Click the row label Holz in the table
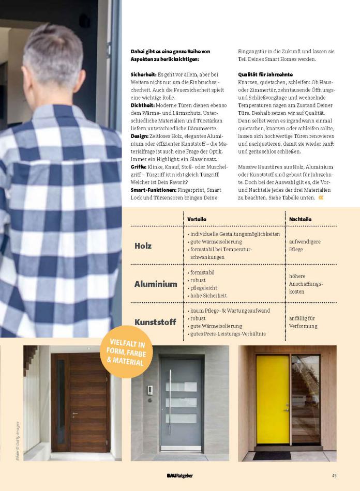pyautogui.click(x=143, y=246)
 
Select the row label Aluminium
pyautogui.click(x=156, y=284)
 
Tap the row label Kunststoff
pyautogui.click(x=156, y=322)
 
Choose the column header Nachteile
pyautogui.click(x=301, y=219)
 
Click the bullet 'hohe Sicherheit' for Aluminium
pyautogui.click(x=208, y=296)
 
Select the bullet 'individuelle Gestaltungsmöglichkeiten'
pyautogui.click(x=235, y=234)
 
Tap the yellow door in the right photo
pyautogui.click(x=273, y=398)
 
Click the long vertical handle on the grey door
pyautogui.click(x=170, y=402)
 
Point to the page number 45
pyautogui.click(x=335, y=475)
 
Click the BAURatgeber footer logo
pyautogui.click(x=179, y=475)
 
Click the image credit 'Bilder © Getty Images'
pyautogui.click(x=17, y=434)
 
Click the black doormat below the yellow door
pyautogui.click(x=272, y=455)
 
